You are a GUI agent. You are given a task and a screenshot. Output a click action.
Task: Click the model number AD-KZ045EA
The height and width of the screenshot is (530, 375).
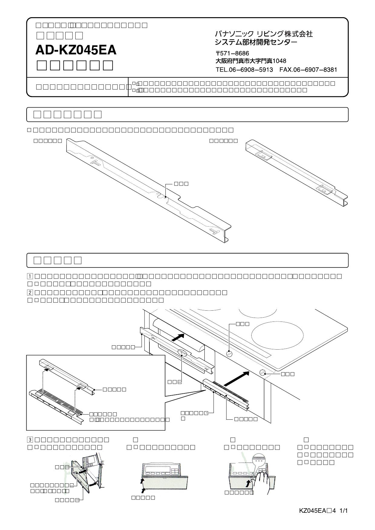(76, 50)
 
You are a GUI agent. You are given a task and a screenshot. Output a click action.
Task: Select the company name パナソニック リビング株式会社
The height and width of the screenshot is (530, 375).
(264, 34)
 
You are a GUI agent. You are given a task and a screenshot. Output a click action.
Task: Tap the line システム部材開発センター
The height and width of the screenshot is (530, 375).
(256, 42)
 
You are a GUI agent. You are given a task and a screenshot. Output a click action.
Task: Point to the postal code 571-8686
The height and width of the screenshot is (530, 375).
(232, 53)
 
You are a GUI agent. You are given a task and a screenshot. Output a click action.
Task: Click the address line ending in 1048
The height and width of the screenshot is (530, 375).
(251, 61)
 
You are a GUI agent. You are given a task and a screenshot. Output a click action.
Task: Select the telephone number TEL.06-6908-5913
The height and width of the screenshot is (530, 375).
(244, 70)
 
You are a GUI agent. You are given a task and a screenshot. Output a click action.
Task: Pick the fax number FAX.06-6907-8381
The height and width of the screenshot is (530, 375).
(308, 70)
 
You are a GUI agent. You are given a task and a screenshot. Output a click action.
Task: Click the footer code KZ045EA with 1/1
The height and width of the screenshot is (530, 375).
(324, 511)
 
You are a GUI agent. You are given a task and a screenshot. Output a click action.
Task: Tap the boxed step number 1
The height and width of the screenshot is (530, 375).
(30, 276)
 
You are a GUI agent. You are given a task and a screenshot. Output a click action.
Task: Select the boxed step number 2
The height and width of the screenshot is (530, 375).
(30, 292)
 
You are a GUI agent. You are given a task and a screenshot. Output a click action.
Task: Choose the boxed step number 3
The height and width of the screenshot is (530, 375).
(30, 440)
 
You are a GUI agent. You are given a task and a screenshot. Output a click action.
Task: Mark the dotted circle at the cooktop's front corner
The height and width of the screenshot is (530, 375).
(262, 372)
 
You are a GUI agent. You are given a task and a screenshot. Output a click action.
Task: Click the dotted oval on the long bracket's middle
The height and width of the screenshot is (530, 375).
(182, 353)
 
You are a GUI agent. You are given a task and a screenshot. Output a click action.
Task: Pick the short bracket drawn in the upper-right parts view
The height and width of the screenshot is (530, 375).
(296, 174)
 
